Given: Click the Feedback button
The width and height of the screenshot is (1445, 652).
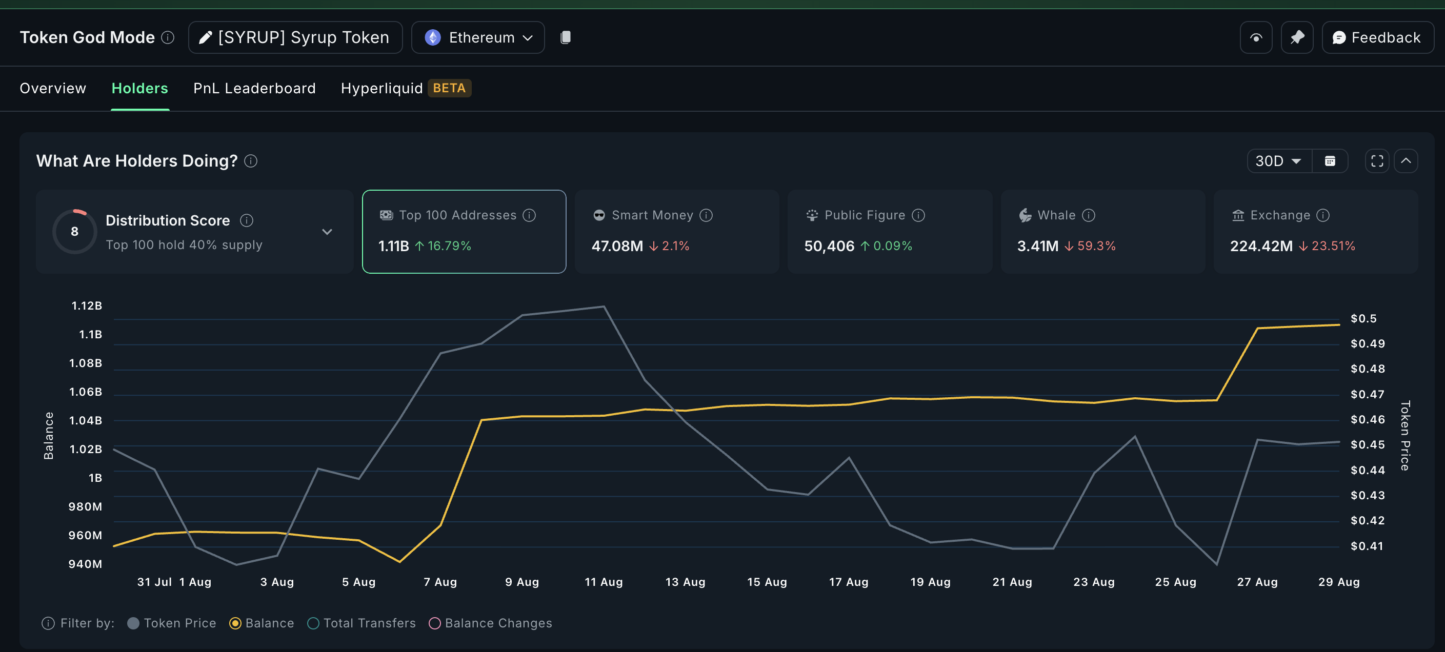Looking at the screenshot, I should (1377, 37).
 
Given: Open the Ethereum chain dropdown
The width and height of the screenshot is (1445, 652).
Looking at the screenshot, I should (477, 37).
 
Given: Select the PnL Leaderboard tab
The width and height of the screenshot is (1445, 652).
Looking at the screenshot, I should (254, 88).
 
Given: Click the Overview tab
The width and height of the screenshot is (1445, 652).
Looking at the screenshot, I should (53, 88).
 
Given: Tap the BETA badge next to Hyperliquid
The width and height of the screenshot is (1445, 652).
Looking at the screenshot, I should (449, 88).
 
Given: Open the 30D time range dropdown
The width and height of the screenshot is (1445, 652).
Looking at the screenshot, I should (1278, 161).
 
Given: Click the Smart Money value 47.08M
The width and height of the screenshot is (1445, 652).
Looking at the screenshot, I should (616, 246).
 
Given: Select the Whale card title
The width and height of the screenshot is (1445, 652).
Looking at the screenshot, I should (1056, 215).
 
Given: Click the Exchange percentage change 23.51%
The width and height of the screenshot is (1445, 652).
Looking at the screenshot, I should (1332, 246).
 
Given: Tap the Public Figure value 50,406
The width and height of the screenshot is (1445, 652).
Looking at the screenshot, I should (829, 246).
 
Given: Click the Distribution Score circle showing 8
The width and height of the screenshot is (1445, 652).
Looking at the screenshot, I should (74, 232).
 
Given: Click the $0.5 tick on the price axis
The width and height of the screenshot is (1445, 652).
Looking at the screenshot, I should (1363, 318).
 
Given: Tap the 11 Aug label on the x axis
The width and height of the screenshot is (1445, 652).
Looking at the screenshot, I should (604, 582).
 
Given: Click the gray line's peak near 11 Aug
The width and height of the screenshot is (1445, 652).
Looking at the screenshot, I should (604, 306).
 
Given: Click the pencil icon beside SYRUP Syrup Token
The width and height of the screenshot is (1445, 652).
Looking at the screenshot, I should (205, 37).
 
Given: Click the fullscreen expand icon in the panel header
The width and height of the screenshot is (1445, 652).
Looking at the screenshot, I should (1377, 161).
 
